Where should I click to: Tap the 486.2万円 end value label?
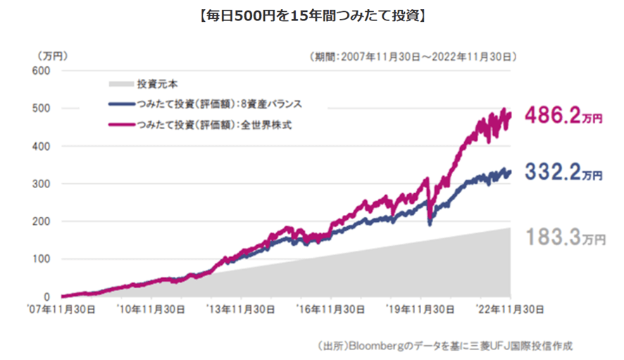[563, 118]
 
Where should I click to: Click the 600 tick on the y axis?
[43, 70]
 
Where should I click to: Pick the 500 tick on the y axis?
[43, 108]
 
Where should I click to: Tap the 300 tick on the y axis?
[43, 184]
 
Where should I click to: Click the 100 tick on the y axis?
[43, 259]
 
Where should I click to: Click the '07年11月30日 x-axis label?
[62, 309]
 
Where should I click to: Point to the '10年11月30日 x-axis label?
[151, 309]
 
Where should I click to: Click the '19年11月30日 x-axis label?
[420, 309]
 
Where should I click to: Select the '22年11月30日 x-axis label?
[508, 309]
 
